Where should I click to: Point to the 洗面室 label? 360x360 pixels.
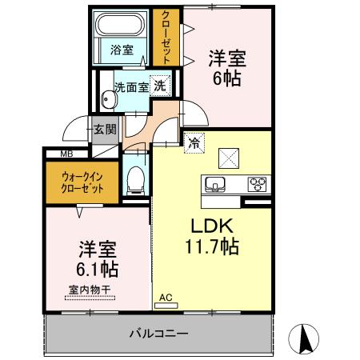(130, 86)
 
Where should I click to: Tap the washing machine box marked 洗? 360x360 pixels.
(160, 86)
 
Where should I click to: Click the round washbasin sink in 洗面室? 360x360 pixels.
(109, 100)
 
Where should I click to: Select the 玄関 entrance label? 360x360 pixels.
(104, 129)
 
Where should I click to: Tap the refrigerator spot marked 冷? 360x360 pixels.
(194, 143)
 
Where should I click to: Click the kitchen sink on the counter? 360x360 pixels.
(214, 184)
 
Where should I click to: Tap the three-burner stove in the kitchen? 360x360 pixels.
(258, 184)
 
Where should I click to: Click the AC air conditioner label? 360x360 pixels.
(166, 298)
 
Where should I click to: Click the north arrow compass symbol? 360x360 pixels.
(305, 339)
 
